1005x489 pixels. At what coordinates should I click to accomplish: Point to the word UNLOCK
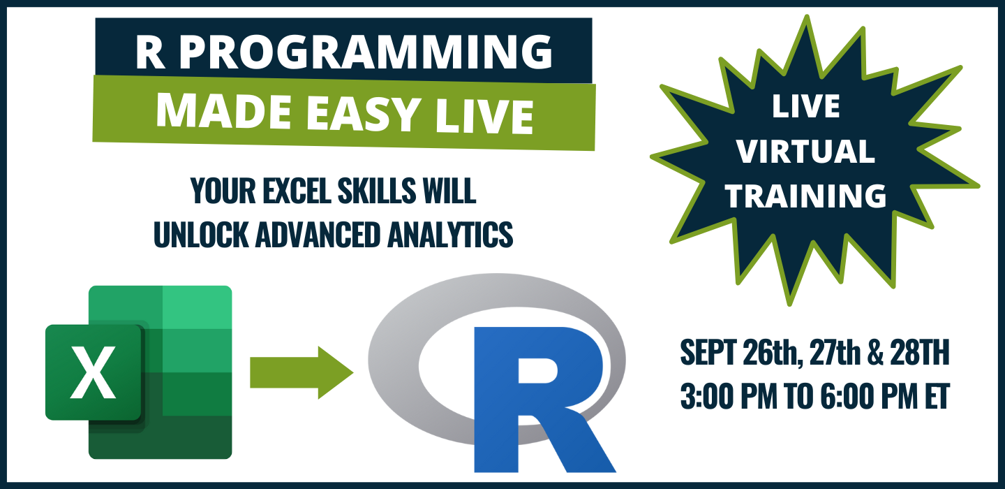(x=200, y=234)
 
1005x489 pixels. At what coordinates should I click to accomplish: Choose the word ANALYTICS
(x=450, y=234)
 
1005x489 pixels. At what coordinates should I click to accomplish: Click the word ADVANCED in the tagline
(x=318, y=234)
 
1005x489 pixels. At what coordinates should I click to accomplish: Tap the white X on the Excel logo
(x=94, y=372)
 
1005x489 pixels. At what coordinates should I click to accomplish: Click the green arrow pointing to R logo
(x=301, y=372)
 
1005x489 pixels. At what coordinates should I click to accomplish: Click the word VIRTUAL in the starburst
(x=806, y=152)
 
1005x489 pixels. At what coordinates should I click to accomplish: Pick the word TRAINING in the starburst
(x=806, y=196)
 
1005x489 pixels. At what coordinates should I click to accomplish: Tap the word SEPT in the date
(x=708, y=353)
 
